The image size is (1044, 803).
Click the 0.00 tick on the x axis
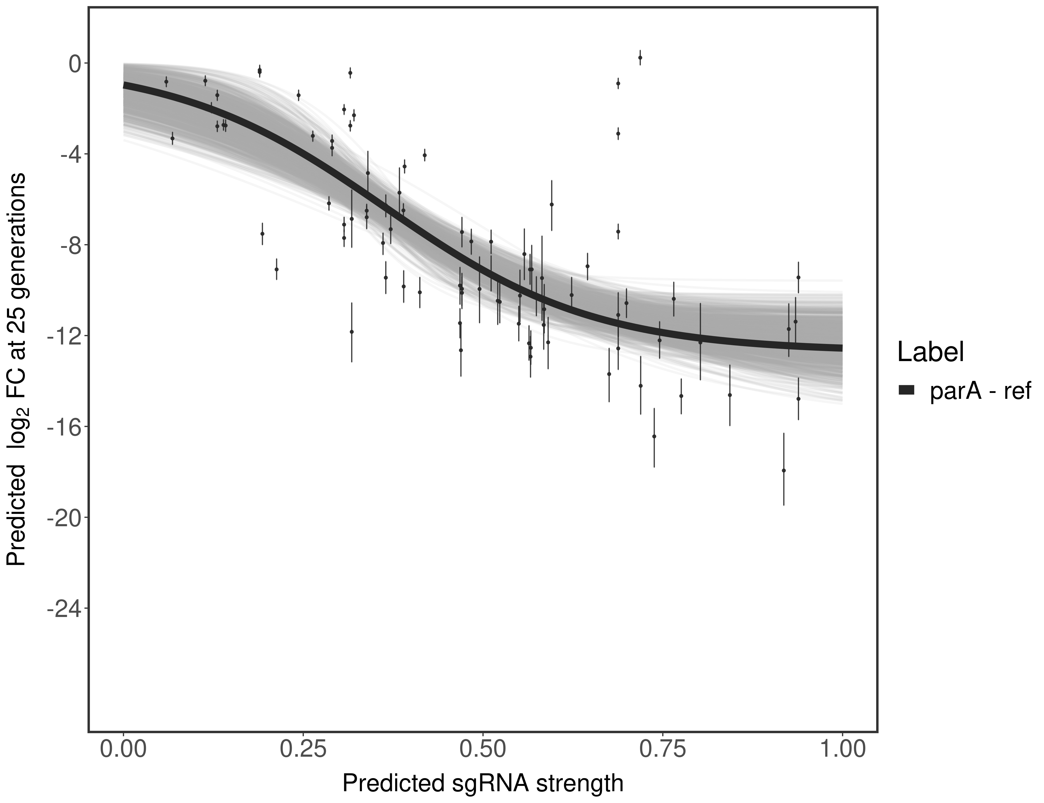pos(123,749)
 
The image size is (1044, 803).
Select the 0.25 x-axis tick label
pos(303,749)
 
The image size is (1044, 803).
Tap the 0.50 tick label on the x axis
pos(483,749)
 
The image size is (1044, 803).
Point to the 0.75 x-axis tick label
pos(663,749)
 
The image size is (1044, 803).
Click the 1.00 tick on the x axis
pos(842,749)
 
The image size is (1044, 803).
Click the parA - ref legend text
pos(980,391)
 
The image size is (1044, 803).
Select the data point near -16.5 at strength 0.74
pos(654,436)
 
